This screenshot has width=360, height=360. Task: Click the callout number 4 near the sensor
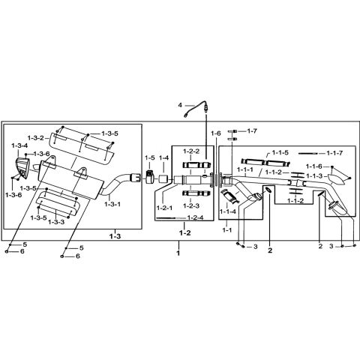pos(180,105)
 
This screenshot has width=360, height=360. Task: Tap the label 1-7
pos(252,131)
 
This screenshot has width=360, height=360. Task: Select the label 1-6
pos(216,133)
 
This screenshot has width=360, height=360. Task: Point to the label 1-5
pos(149,158)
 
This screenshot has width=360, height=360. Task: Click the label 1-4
pos(163,158)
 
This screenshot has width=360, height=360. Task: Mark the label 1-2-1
pos(165,207)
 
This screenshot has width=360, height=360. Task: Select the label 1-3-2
pos(37,137)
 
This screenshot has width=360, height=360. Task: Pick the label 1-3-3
pos(57,222)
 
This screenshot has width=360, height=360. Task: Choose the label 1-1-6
pos(313,166)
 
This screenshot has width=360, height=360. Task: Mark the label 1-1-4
pos(230,212)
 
